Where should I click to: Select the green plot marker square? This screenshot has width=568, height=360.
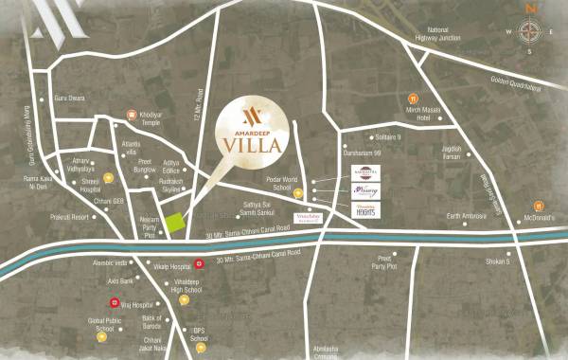point(175,225)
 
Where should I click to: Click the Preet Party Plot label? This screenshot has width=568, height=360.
point(385,262)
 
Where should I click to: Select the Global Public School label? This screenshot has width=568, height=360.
point(106,326)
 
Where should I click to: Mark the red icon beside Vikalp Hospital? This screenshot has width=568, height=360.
point(199,263)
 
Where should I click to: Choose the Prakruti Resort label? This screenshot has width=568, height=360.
point(68,217)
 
